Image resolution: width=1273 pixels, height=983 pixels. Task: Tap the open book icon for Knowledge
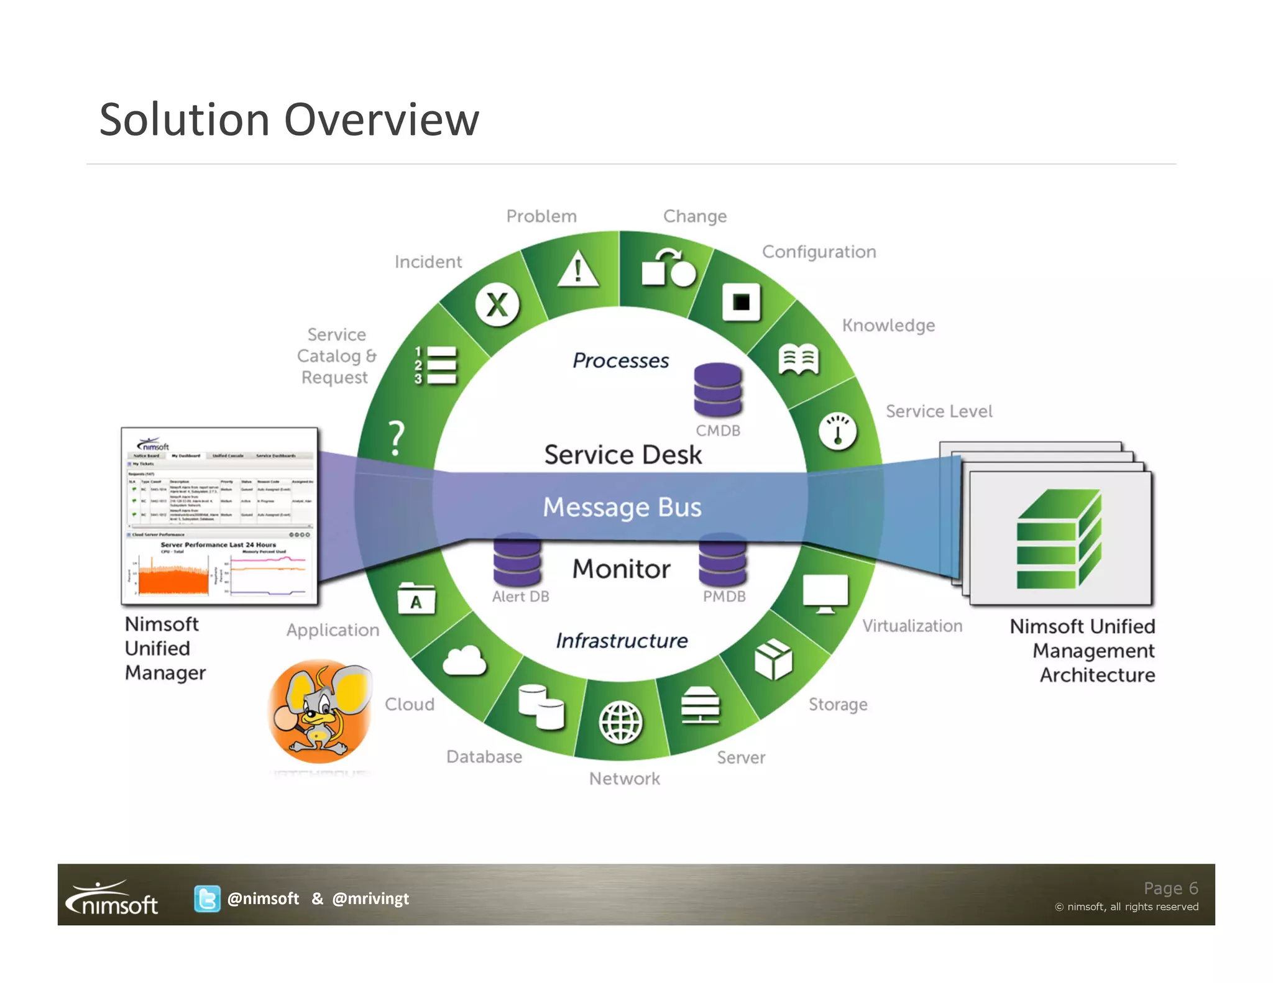coord(799,359)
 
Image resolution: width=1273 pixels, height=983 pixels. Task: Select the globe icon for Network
coord(620,722)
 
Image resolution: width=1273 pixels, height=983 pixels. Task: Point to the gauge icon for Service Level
coord(837,431)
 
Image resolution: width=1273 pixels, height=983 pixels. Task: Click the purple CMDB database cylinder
coord(718,390)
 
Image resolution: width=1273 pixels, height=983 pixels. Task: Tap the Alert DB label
coord(520,597)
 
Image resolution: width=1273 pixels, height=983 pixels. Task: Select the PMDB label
coord(724,597)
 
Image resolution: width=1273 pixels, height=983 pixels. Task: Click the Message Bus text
coord(622,507)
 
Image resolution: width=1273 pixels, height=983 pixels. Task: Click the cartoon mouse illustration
coord(321,711)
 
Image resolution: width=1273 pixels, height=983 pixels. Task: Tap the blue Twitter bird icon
coord(207,898)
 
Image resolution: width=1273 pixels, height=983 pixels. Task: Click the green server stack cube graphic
coord(1059,539)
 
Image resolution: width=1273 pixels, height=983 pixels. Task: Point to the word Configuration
coord(819,252)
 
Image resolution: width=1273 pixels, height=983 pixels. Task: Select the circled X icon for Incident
coord(497,305)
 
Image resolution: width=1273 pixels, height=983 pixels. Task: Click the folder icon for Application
coord(416,599)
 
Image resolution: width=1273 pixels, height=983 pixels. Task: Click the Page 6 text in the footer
coord(1170,888)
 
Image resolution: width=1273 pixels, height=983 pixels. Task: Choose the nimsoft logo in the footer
coord(113,898)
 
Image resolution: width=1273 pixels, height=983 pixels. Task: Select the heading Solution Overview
coord(289,119)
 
